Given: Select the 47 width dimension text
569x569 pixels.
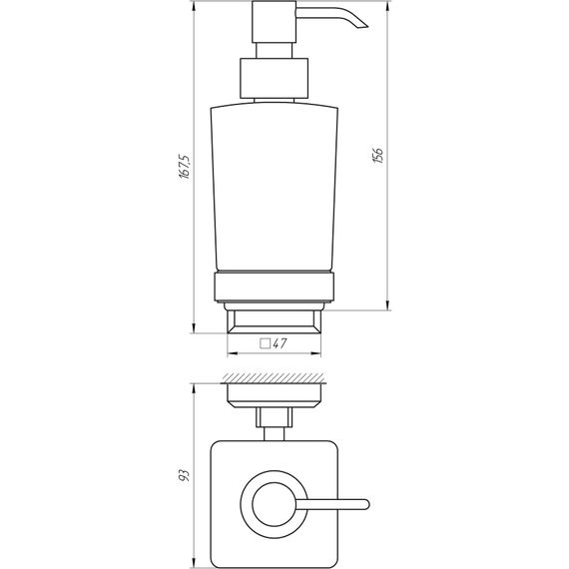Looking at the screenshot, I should tap(282, 343).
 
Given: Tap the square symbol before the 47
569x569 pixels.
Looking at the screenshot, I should tap(265, 343).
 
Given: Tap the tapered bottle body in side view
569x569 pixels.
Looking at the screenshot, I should tap(275, 185).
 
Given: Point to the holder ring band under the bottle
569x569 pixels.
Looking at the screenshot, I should tap(275, 288).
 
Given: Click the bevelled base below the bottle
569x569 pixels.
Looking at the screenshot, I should tap(275, 320).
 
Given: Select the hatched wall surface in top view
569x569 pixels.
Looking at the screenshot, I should tap(275, 378).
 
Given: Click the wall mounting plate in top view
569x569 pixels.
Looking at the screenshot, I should tap(275, 393).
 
